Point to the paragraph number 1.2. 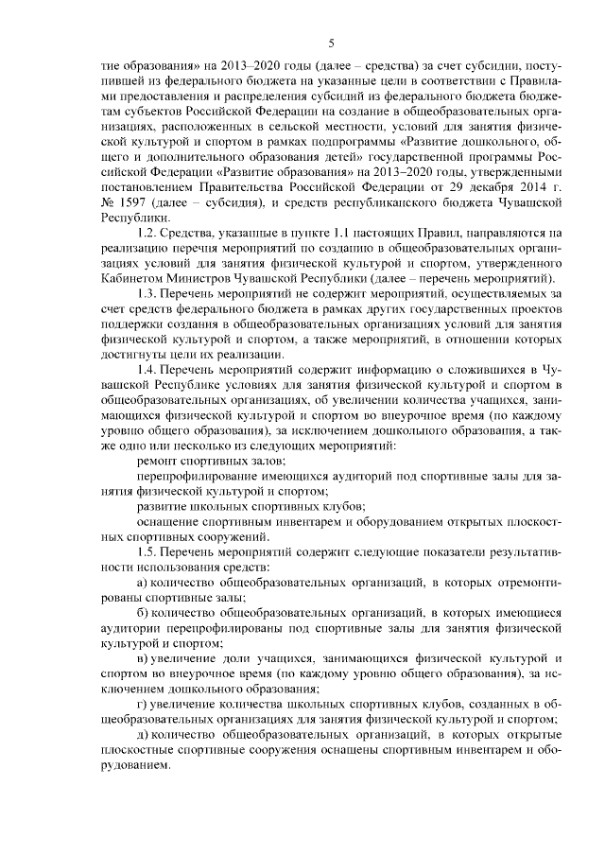click(147, 232)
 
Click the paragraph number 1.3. click(147, 295)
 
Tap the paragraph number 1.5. click(147, 551)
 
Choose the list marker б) click(142, 613)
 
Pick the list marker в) click(142, 658)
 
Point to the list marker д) click(142, 735)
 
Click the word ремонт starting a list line click(158, 460)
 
